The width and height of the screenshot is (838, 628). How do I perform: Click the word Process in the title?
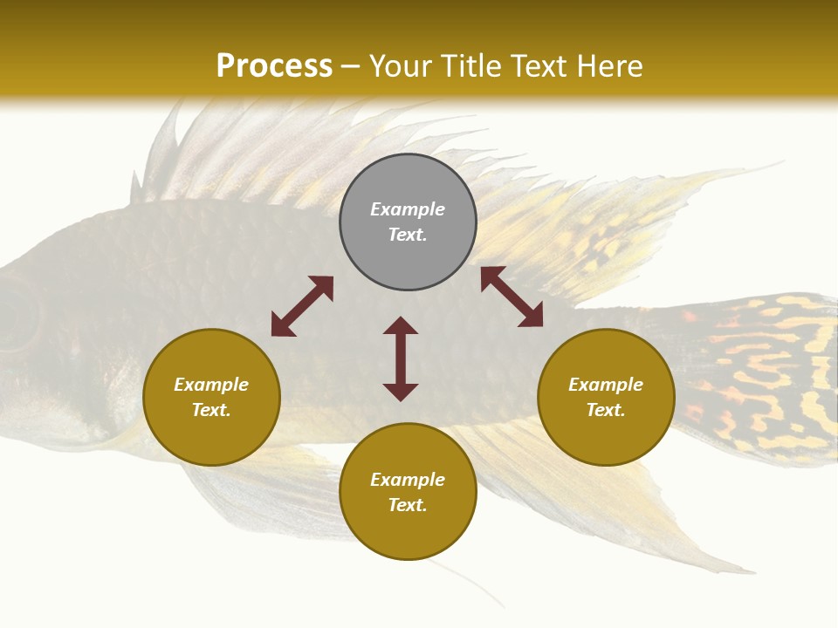[x=274, y=66]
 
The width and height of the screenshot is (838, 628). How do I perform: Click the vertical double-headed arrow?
[x=401, y=358]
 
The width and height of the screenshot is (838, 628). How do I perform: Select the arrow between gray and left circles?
[x=302, y=306]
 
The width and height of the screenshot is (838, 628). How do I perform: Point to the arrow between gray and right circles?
[x=512, y=297]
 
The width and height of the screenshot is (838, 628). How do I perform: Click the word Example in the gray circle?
[x=408, y=209]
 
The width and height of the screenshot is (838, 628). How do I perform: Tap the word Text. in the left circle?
[x=211, y=410]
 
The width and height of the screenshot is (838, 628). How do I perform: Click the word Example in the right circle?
[x=606, y=385]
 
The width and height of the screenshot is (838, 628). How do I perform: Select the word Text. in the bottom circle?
[x=408, y=505]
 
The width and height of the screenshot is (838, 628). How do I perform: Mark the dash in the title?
[x=351, y=66]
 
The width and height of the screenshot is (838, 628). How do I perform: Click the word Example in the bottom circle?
[x=408, y=480]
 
